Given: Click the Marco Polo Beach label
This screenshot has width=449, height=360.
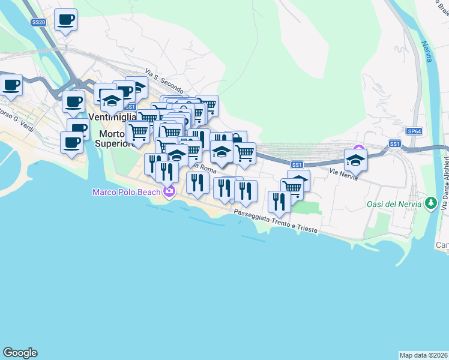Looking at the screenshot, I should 125,192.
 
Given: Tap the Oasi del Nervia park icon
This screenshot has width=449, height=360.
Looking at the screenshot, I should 430,204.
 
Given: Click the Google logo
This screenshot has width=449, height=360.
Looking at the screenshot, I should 20,353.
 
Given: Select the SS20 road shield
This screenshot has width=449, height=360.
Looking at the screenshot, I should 38,22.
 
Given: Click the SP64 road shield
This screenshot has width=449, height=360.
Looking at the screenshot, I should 414,131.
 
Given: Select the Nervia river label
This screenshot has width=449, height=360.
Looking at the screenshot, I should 427,51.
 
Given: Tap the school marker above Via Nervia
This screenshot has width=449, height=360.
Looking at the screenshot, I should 355,161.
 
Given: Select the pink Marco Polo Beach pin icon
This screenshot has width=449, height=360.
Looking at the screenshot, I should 169,192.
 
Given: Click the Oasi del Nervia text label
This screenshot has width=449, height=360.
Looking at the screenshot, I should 394,204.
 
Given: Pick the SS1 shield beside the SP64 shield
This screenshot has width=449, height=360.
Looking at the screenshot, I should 394,143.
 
